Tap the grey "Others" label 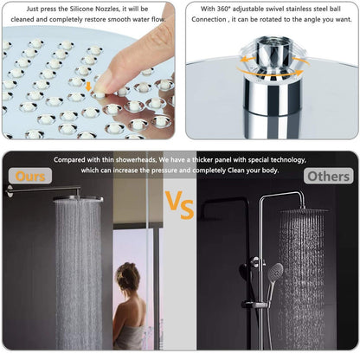coord(328,176)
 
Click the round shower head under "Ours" coord(77,199)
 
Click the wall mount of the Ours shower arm coord(10,191)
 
